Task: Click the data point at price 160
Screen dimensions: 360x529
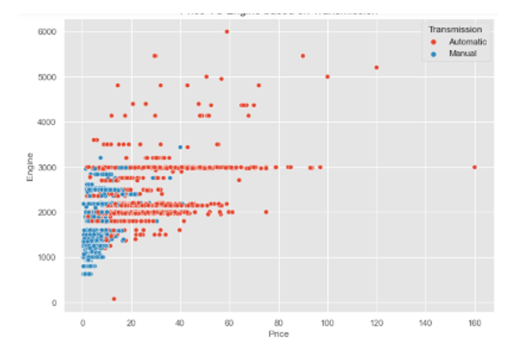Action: [x=474, y=167]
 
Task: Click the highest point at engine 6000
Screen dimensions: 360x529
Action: [x=227, y=31]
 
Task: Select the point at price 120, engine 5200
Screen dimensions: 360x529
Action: [x=376, y=67]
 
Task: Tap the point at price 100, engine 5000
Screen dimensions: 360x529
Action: [x=327, y=77]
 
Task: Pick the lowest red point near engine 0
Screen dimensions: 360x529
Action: [x=113, y=298]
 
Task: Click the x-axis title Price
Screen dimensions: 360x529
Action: [x=278, y=334]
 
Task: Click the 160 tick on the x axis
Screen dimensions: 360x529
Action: [x=474, y=321]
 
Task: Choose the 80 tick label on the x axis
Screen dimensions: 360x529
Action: [x=278, y=321]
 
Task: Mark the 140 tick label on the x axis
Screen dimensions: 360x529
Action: [x=425, y=321]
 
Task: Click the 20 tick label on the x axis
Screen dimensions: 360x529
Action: [x=131, y=321]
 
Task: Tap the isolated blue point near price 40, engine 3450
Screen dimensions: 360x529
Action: [x=180, y=146]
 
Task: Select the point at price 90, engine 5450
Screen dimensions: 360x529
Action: [x=303, y=56]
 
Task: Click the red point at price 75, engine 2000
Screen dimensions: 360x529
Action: [x=266, y=212]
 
